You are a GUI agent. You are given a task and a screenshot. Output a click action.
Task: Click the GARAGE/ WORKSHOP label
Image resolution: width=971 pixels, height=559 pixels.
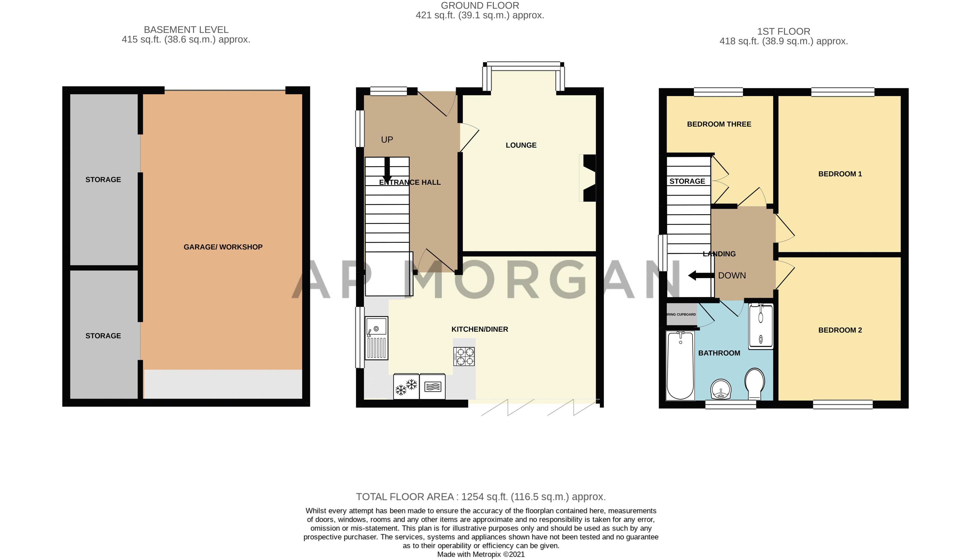click(x=223, y=247)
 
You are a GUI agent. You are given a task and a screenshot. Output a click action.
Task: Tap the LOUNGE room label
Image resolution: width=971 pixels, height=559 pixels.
click(x=521, y=145)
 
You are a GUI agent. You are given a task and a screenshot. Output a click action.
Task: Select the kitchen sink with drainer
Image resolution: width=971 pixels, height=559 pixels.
click(x=376, y=338)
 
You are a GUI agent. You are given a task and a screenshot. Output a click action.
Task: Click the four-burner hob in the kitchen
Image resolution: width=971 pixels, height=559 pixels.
click(x=464, y=356)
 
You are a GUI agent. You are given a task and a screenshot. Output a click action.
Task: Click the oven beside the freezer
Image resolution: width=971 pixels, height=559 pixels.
click(x=432, y=387)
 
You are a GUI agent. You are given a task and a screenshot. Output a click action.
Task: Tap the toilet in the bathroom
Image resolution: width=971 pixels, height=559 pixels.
click(x=754, y=383)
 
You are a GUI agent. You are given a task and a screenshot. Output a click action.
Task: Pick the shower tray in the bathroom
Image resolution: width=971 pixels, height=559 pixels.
click(x=760, y=326)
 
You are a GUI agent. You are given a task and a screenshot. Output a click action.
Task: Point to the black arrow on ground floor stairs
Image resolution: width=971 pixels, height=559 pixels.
click(x=387, y=169)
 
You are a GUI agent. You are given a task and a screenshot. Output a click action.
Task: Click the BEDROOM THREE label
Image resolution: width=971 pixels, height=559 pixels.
click(x=719, y=124)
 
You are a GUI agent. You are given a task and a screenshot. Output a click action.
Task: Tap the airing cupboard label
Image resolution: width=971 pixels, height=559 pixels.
click(x=681, y=314)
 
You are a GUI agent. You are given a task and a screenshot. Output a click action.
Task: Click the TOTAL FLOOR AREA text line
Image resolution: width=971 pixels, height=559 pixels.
click(x=480, y=497)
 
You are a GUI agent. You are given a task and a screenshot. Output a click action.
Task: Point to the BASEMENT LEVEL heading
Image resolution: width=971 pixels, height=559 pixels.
click(x=186, y=30)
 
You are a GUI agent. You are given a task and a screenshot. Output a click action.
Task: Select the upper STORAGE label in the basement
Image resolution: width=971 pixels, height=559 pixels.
click(x=103, y=180)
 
